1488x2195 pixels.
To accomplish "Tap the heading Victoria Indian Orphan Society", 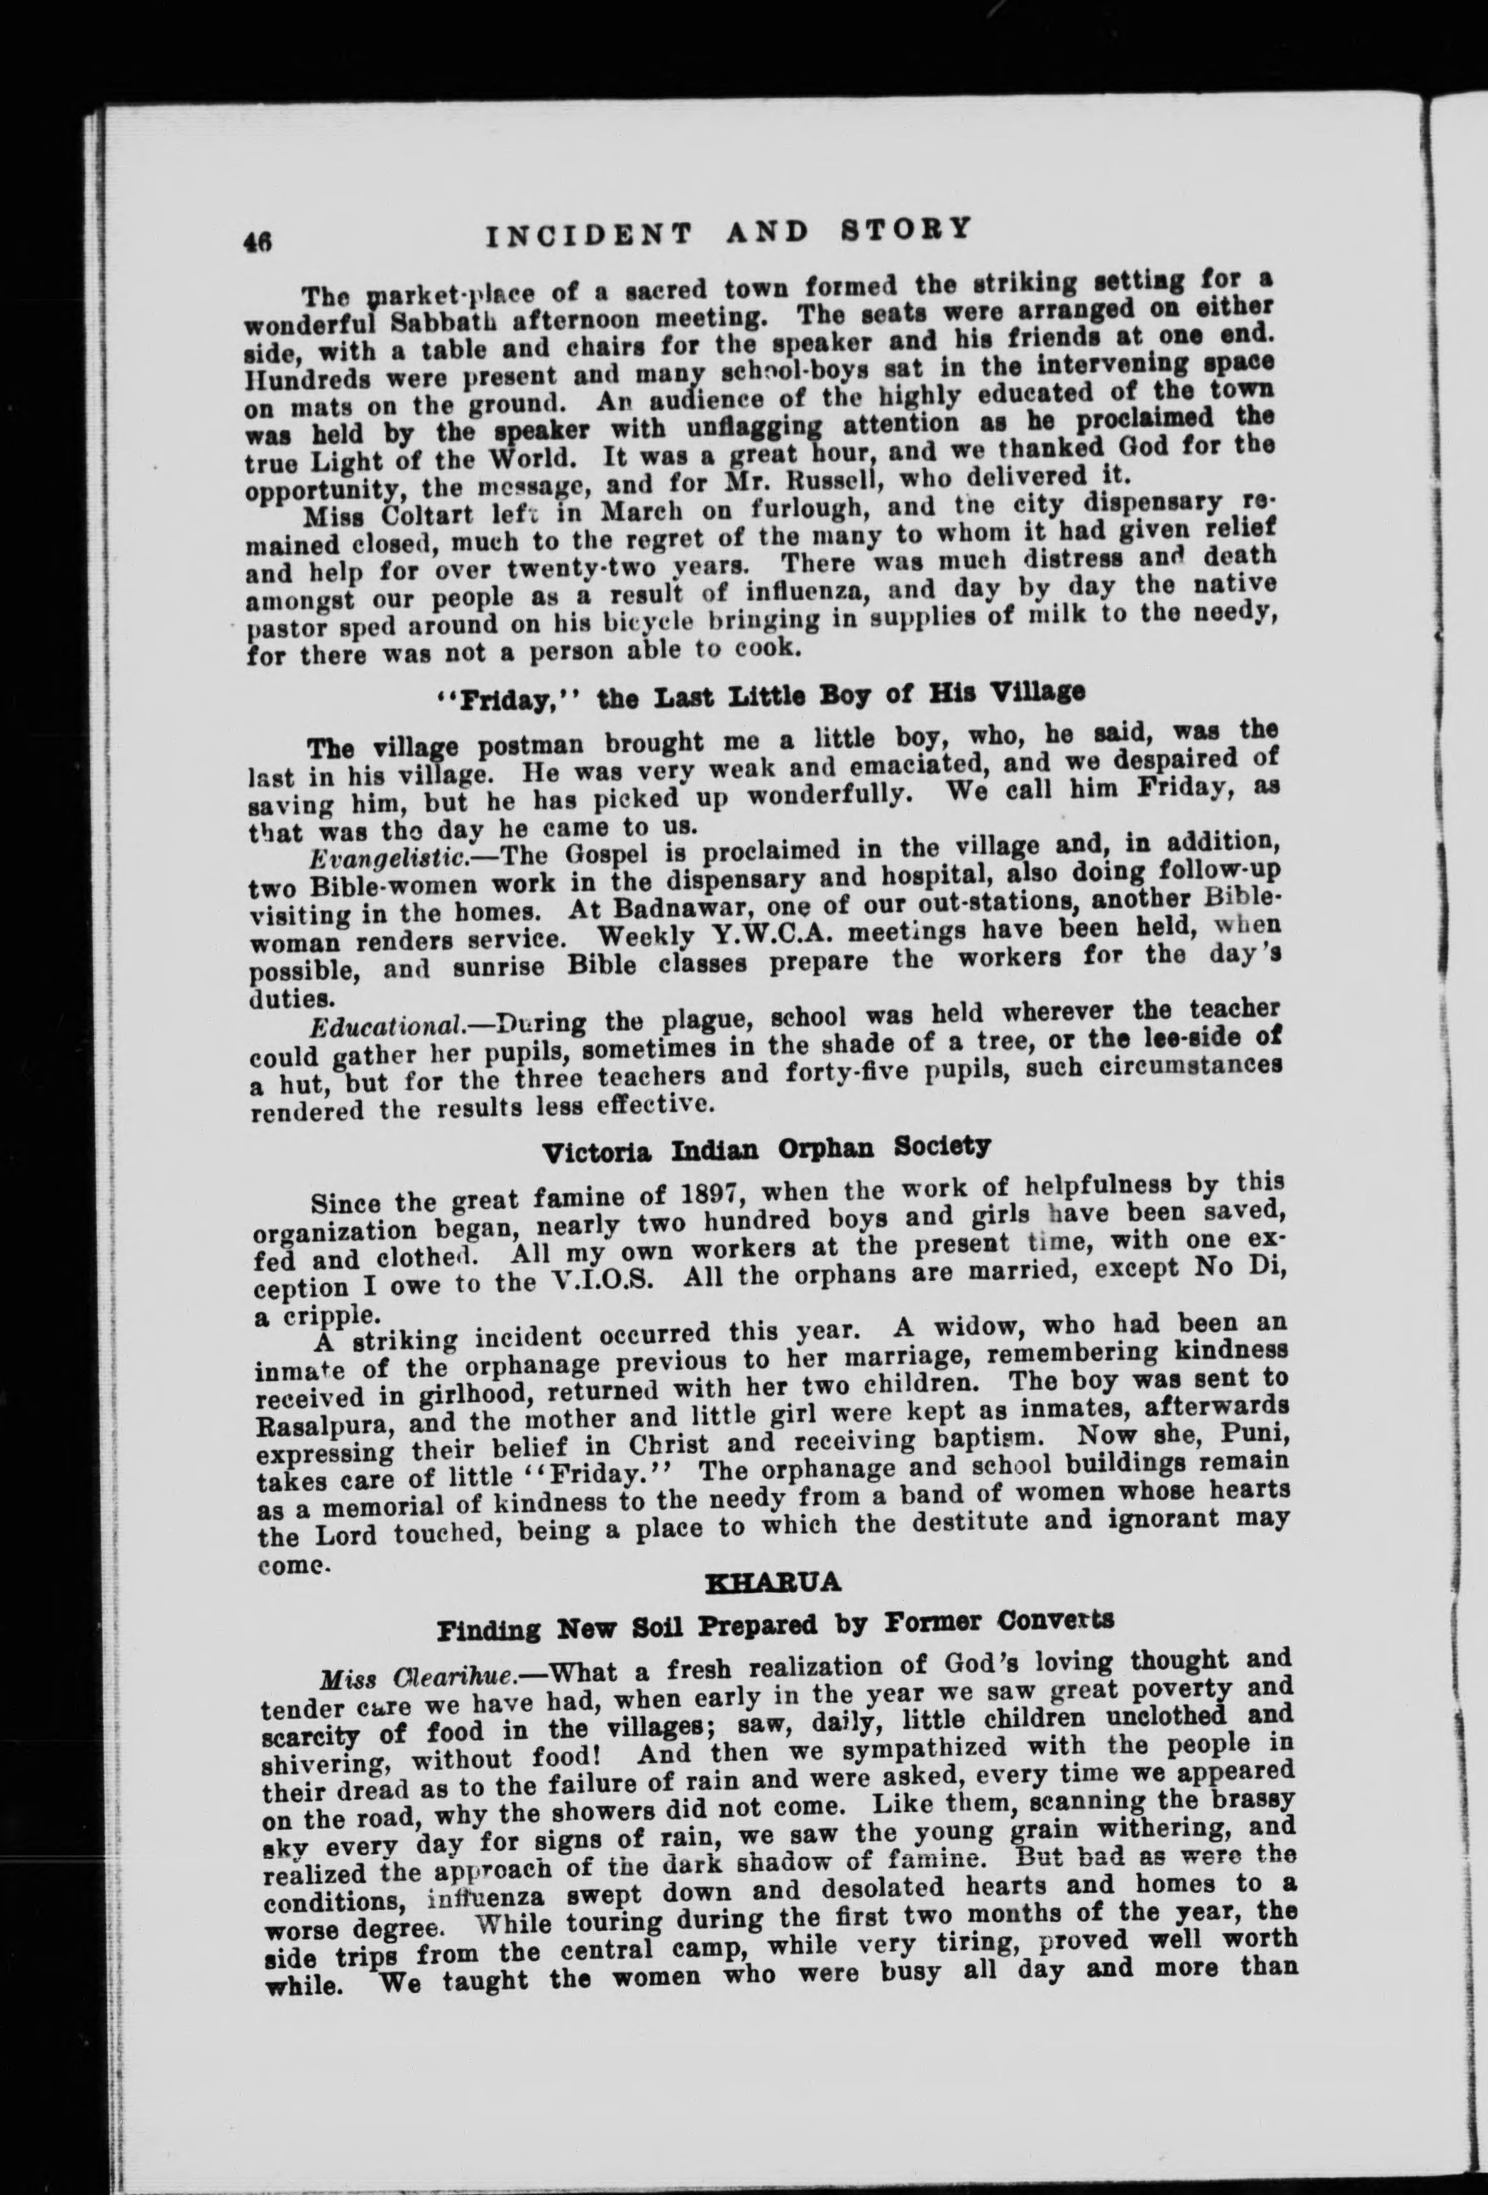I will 766,1150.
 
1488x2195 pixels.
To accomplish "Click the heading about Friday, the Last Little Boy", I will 764,694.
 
